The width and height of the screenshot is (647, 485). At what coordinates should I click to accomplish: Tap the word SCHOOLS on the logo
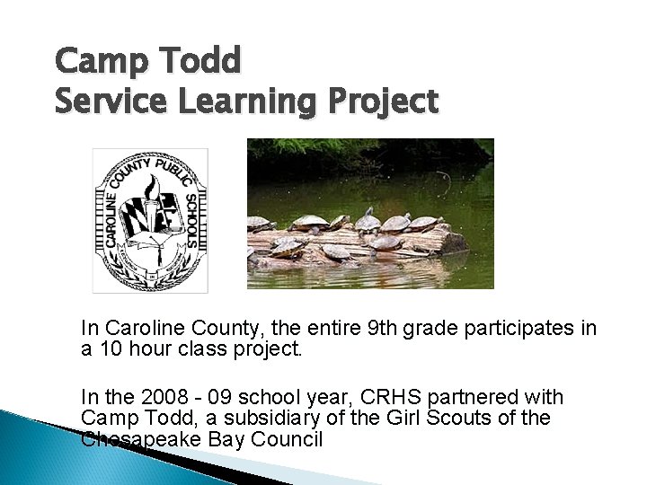[191, 218]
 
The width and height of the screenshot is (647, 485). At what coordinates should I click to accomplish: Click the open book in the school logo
[135, 238]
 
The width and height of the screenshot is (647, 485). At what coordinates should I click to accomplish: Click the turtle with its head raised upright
[368, 218]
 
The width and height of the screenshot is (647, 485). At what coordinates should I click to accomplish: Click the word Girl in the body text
[409, 418]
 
